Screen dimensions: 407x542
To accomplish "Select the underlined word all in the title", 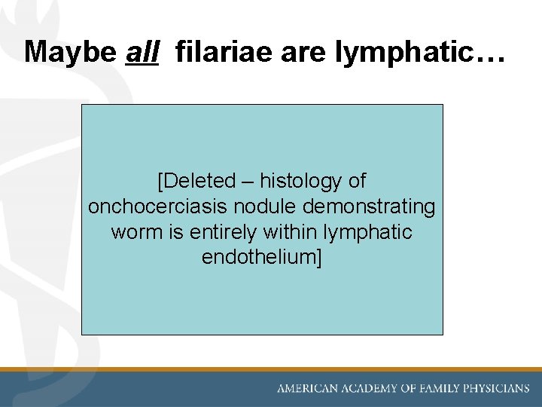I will click(x=142, y=51).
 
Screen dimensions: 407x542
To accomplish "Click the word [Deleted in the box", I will click(x=196, y=181).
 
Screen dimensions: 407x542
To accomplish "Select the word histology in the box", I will click(x=303, y=181).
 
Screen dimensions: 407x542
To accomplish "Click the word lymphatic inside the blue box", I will click(x=371, y=232).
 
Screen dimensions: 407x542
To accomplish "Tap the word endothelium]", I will click(x=261, y=258).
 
